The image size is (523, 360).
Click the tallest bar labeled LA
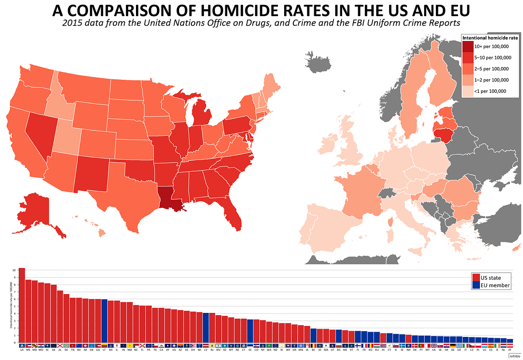click(x=22, y=305)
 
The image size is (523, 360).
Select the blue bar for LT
click(x=104, y=321)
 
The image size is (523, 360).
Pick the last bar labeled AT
click(x=510, y=341)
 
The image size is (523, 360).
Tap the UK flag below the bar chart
click(x=434, y=345)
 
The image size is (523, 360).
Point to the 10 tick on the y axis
click(x=14, y=270)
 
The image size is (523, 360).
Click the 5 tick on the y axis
click(x=14, y=306)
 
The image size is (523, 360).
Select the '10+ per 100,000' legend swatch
click(x=468, y=46)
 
